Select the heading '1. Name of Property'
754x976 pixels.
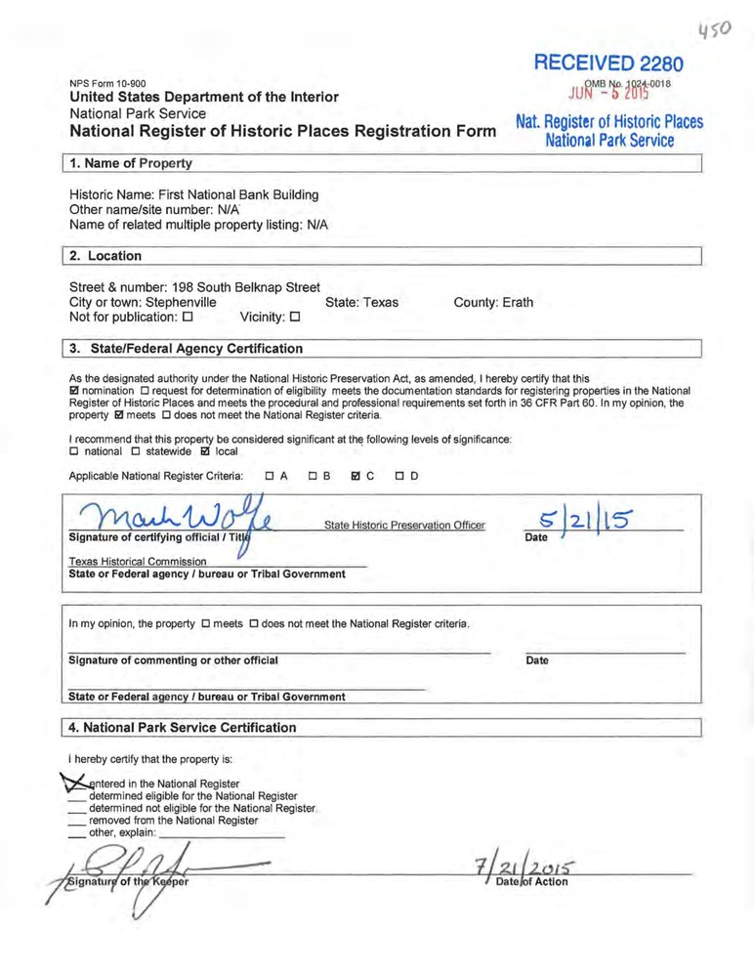coord(130,163)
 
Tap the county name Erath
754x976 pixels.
coord(518,302)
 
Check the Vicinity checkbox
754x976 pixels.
coord(294,318)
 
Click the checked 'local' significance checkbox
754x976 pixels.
coord(204,451)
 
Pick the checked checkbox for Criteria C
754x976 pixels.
coord(356,477)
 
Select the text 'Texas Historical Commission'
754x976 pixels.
coord(138,561)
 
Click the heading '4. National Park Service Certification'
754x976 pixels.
coord(182,727)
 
